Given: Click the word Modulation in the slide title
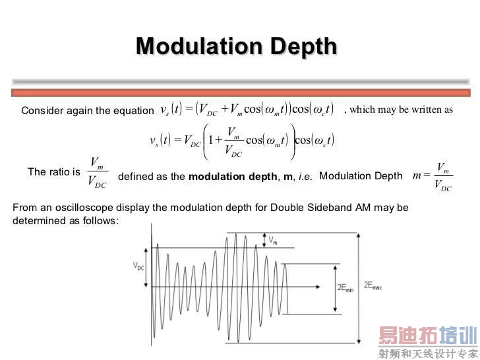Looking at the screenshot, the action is click(200, 46).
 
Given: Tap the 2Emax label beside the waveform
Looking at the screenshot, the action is click(373, 285).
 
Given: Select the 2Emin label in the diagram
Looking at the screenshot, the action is click(345, 287).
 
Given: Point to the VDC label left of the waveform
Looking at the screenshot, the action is click(138, 266).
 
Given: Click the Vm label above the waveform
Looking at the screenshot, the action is click(273, 240).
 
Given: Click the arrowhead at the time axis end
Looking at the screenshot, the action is click(318, 287).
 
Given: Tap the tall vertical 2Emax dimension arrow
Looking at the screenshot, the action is click(359, 288).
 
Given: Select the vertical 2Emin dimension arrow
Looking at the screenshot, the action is click(335, 289).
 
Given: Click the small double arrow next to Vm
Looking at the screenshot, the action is click(264, 240).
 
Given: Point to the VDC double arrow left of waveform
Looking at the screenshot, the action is click(146, 268).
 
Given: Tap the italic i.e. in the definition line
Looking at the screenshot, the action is click(305, 177).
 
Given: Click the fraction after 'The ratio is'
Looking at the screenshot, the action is click(98, 172).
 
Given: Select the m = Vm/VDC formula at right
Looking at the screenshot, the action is click(433, 176).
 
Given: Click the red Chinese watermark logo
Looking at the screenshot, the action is click(428, 336).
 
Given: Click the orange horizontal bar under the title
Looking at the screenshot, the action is click(241, 93).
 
